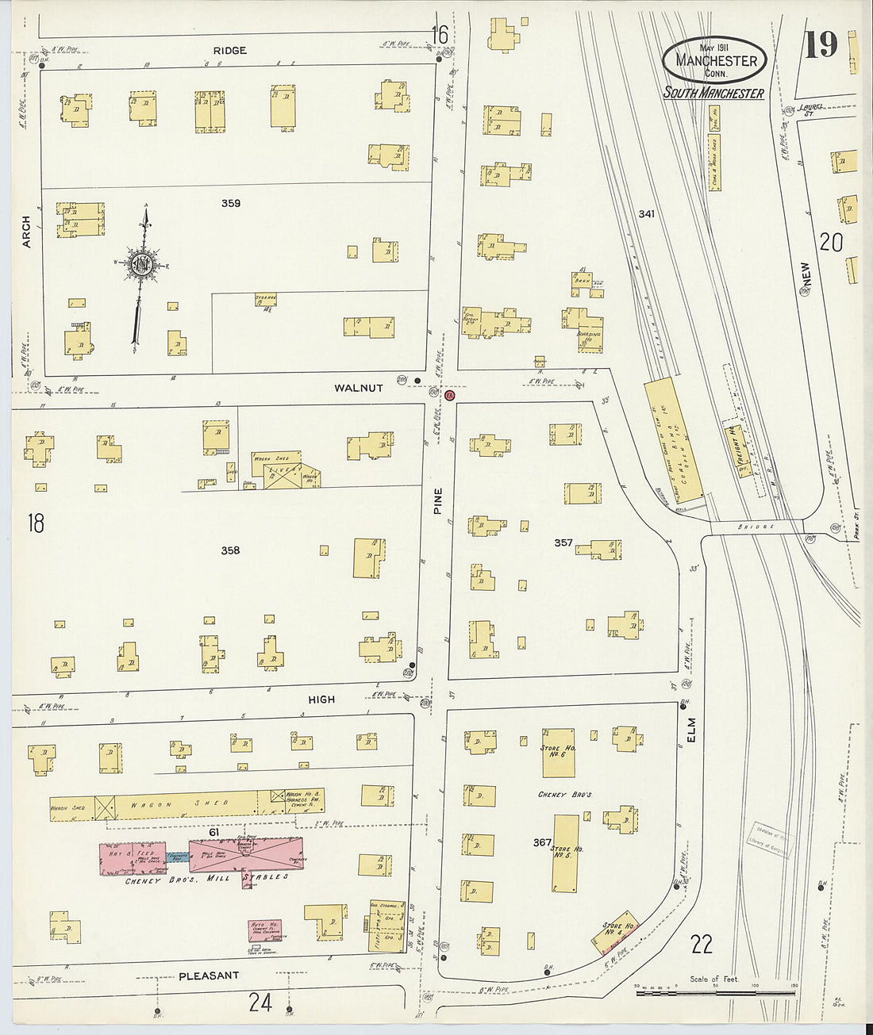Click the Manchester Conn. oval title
click(x=714, y=60)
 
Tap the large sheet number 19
click(x=821, y=45)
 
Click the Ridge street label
click(x=229, y=51)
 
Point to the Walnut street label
click(x=358, y=388)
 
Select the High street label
click(x=321, y=700)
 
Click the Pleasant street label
click(x=209, y=976)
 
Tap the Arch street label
click(x=26, y=232)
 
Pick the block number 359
click(x=231, y=204)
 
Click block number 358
click(x=230, y=550)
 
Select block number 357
click(x=563, y=543)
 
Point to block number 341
click(x=647, y=214)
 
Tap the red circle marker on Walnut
click(x=449, y=395)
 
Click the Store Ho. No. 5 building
click(x=566, y=853)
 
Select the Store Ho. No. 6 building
click(x=558, y=753)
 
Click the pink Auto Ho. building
click(x=264, y=930)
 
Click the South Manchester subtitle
click(x=713, y=94)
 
